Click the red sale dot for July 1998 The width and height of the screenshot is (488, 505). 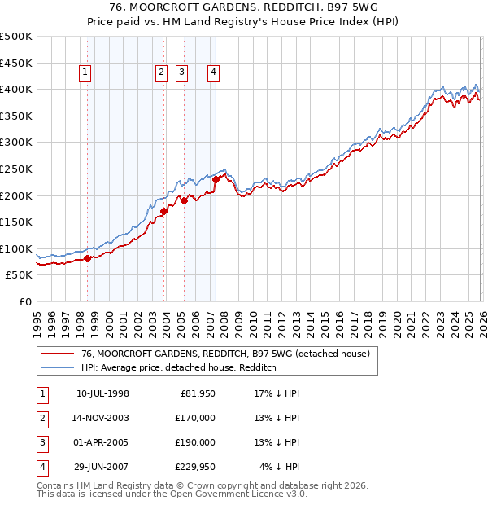pyautogui.click(x=88, y=258)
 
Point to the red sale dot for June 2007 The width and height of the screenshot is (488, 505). pyautogui.click(x=216, y=179)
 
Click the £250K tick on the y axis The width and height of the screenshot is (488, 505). pyautogui.click(x=16, y=169)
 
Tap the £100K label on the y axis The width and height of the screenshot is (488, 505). pyautogui.click(x=16, y=248)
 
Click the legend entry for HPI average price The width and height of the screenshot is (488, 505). pyautogui.click(x=179, y=367)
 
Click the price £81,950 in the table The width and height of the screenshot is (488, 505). pyautogui.click(x=196, y=393)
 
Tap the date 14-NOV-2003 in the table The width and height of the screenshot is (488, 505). pyautogui.click(x=102, y=418)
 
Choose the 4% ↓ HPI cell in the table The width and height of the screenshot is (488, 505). pyautogui.click(x=280, y=467)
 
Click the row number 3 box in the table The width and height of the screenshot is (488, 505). pyautogui.click(x=41, y=442)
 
